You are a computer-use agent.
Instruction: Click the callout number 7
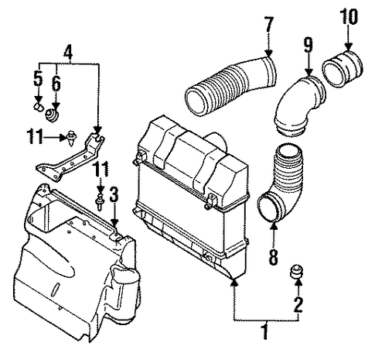click(268, 25)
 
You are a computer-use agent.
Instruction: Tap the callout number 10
click(349, 17)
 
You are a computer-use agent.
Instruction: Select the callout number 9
click(308, 45)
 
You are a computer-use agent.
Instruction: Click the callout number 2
click(298, 304)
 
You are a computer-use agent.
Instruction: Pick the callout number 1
click(266, 331)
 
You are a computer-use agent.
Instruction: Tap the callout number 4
click(68, 53)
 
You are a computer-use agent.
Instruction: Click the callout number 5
click(38, 78)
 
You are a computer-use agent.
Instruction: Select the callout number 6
click(56, 83)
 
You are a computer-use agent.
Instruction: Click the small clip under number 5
click(39, 107)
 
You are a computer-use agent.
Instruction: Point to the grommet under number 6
click(52, 115)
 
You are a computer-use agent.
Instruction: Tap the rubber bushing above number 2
click(296, 272)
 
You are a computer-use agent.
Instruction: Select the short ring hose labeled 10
click(343, 70)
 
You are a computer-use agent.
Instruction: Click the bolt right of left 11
click(70, 139)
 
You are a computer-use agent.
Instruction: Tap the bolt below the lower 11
click(100, 203)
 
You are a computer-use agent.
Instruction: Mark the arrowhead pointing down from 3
click(114, 223)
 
